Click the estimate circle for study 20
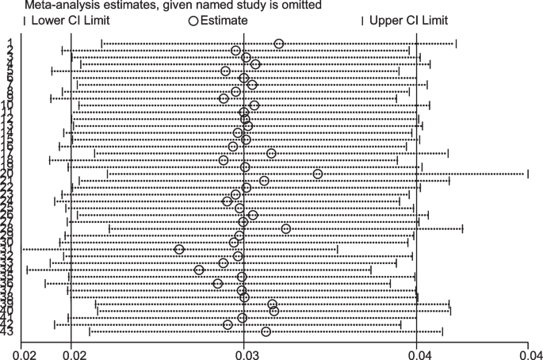click(x=318, y=174)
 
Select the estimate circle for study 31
click(x=180, y=249)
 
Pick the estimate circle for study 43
click(x=266, y=331)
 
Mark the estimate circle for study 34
click(x=199, y=270)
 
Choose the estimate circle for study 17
click(x=271, y=153)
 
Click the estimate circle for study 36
click(x=218, y=283)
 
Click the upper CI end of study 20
click(x=528, y=174)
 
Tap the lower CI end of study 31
click(x=24, y=249)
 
